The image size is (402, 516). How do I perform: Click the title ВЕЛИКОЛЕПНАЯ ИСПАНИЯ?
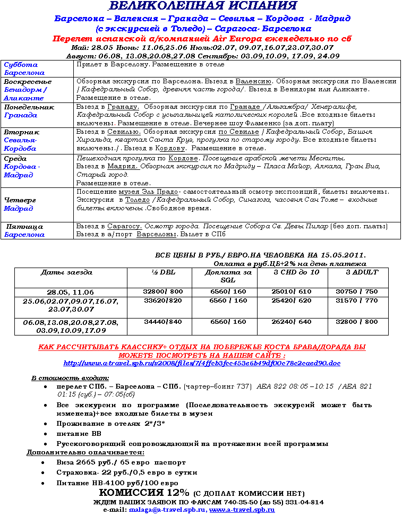[x=202, y=6]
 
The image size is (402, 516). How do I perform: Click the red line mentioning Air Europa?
[x=202, y=39]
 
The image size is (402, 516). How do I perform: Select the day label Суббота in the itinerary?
[x=17, y=64]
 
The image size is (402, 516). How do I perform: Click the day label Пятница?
[x=24, y=227]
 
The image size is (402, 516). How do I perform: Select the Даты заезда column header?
[x=66, y=272]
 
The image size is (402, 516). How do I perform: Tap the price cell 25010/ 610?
[x=291, y=291]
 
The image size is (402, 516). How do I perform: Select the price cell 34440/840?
[x=163, y=322]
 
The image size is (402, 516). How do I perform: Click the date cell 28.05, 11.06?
[x=70, y=292]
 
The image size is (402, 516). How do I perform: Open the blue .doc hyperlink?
[x=202, y=363]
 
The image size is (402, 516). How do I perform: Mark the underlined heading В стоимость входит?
[x=62, y=378]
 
